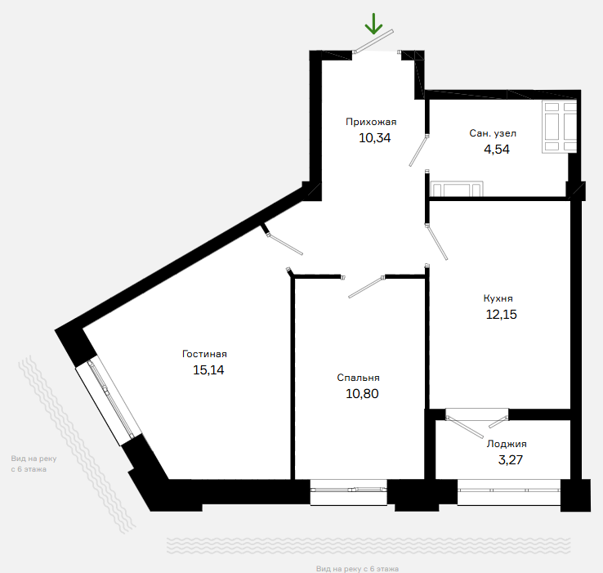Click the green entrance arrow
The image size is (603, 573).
tap(373, 24)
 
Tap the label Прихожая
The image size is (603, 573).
tap(371, 122)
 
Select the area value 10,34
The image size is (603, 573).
tap(374, 138)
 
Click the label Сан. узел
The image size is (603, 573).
tap(493, 133)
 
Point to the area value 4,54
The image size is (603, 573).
tap(497, 150)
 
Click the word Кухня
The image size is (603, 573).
tap(498, 298)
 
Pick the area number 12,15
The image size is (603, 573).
tap(501, 315)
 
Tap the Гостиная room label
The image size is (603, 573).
tap(204, 354)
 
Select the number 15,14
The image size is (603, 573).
tap(208, 369)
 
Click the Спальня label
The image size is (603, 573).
tap(358, 378)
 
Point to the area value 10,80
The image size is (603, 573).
tap(362, 394)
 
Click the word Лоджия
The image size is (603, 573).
tap(507, 444)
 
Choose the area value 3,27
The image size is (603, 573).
tap(511, 460)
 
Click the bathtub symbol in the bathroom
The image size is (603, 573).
tap(457, 189)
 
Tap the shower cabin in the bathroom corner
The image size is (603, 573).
tap(559, 127)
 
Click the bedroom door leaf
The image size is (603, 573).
tap(366, 287)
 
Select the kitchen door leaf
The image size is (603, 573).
tap(437, 242)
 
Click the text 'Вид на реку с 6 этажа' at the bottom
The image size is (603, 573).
tap(357, 569)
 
